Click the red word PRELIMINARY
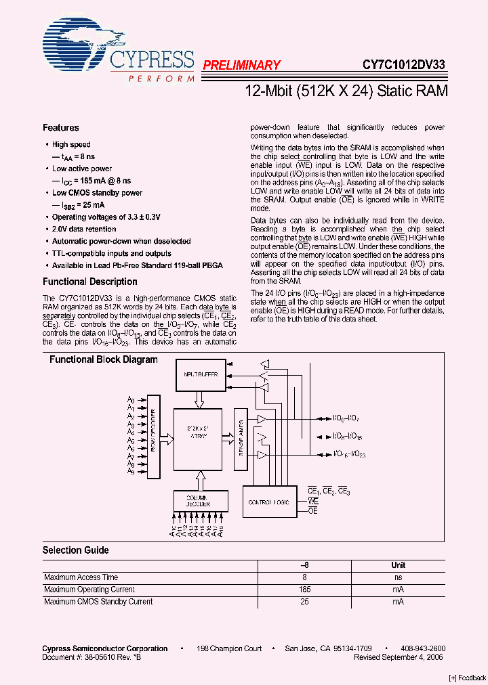[x=241, y=65]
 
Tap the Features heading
[x=60, y=128]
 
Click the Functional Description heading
[x=89, y=282]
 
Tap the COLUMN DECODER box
[x=197, y=501]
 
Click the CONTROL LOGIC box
[x=269, y=503]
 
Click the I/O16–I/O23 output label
[x=348, y=454]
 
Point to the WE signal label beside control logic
[x=313, y=501]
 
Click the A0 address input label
[x=131, y=399]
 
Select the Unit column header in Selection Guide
[x=398, y=565]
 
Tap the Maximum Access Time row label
[x=81, y=577]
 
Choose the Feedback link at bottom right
[x=468, y=678]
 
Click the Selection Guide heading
[x=75, y=550]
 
